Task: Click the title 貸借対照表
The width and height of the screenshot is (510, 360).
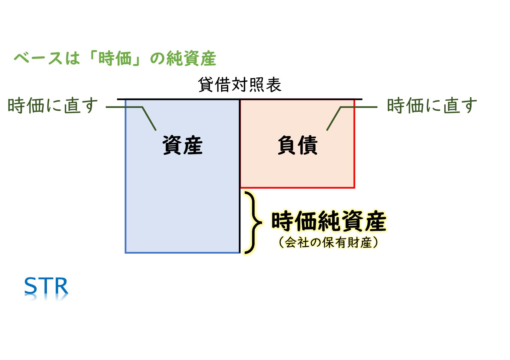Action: (240, 85)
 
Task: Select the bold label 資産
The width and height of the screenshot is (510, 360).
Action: (182, 145)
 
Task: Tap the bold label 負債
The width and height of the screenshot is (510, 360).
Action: (297, 145)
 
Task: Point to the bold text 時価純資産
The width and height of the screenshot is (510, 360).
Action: (329, 221)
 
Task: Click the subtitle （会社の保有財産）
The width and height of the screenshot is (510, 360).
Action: (328, 242)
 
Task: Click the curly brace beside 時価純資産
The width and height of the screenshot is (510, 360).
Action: (253, 222)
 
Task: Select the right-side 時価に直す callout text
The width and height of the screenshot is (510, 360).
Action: (432, 106)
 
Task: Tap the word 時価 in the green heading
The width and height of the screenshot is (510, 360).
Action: (115, 58)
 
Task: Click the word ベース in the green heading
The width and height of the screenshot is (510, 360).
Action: (38, 58)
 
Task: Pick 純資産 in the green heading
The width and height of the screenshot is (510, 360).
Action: (191, 58)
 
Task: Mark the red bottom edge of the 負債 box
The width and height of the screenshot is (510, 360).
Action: (297, 188)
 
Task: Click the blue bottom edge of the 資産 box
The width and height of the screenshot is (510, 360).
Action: (182, 252)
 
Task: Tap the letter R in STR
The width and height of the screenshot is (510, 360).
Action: (61, 286)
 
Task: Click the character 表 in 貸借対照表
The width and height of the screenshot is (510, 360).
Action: (273, 85)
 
